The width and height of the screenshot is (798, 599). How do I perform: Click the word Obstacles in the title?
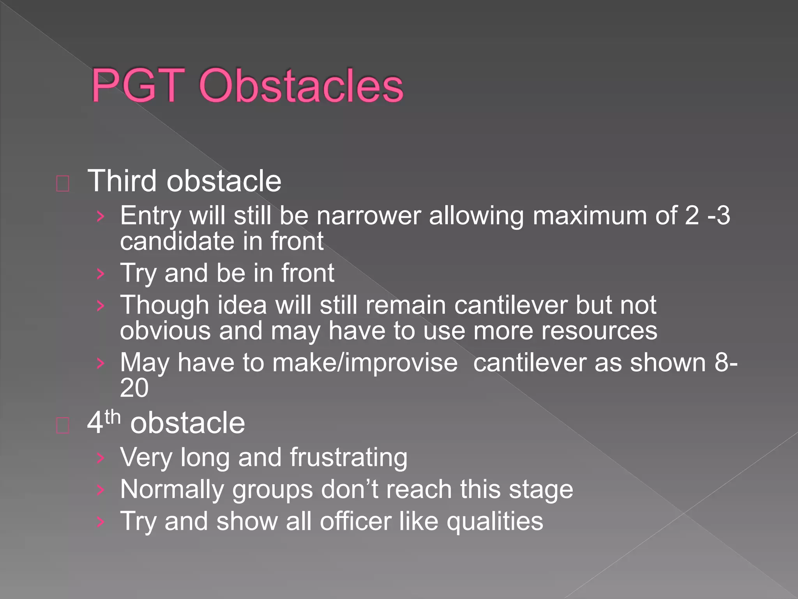click(301, 85)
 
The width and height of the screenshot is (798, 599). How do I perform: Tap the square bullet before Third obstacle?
click(63, 184)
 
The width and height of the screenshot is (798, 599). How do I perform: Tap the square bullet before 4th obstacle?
click(63, 425)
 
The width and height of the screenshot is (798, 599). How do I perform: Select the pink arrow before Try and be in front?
click(101, 274)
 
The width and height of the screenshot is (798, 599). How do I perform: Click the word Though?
click(164, 305)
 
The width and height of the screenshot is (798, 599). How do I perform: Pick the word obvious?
click(165, 331)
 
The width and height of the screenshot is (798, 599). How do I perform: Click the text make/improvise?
click(365, 363)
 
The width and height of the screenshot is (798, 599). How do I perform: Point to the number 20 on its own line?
click(134, 388)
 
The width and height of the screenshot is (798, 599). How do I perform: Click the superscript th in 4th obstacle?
click(113, 417)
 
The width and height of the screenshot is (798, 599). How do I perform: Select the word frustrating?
click(348, 457)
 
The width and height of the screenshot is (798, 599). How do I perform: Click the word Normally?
click(171, 489)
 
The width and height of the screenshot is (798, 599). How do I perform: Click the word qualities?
click(494, 522)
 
